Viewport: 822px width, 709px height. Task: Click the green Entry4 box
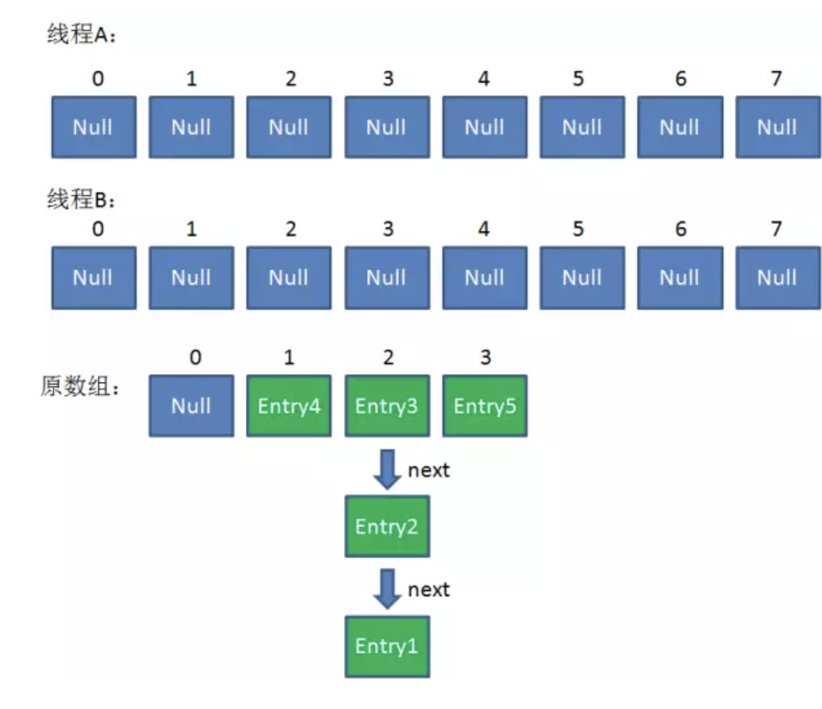[288, 406]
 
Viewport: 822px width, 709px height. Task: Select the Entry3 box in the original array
[387, 406]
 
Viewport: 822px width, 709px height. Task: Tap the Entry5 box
[485, 406]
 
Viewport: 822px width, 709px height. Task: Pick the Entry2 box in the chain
[387, 526]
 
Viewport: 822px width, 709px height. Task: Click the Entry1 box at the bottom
[387, 646]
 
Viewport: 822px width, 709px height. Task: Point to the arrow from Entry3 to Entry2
[387, 469]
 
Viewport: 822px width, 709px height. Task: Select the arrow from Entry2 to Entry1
[387, 589]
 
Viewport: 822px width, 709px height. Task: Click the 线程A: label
[81, 34]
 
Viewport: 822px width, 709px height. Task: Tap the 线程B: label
[81, 199]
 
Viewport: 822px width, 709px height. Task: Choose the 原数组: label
[79, 386]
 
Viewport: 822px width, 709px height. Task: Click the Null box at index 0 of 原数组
[191, 406]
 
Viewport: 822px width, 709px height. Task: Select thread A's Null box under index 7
[777, 127]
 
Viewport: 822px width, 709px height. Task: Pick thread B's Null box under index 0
[93, 278]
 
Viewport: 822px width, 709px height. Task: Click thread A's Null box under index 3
[387, 127]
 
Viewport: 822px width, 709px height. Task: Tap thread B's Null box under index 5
[582, 278]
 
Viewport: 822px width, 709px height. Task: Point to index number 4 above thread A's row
[484, 79]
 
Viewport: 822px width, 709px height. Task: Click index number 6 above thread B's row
[681, 229]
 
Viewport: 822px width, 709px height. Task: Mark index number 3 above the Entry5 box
[485, 357]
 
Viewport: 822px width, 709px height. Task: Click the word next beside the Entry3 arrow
[429, 470]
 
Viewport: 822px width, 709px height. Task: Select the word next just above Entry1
[429, 590]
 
